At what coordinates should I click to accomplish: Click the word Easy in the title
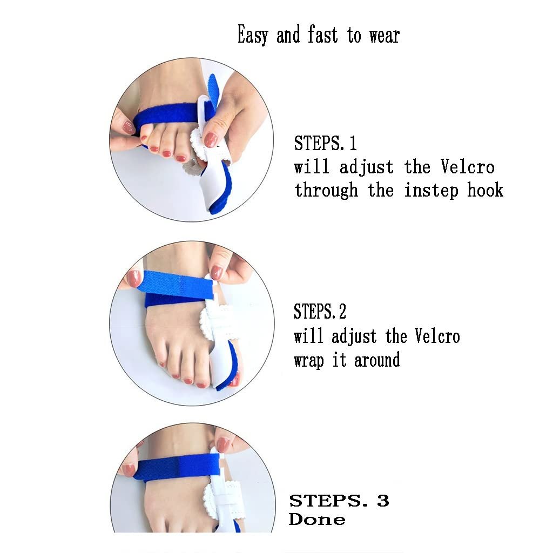pos(253,35)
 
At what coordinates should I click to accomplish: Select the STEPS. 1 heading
pos(325,143)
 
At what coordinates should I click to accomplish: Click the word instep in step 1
pos(431,191)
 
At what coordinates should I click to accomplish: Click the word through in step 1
pos(326,191)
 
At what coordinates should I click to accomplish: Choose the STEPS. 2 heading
pos(320,311)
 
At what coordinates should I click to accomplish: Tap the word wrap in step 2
pos(308,361)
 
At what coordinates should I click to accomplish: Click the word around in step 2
pos(376,360)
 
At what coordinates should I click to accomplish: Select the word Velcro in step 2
pos(437,335)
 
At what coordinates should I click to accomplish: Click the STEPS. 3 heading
pos(339,501)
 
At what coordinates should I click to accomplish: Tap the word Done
pos(316,519)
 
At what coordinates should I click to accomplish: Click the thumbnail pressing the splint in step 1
pos(210,140)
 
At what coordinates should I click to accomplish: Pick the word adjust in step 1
pos(367,167)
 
